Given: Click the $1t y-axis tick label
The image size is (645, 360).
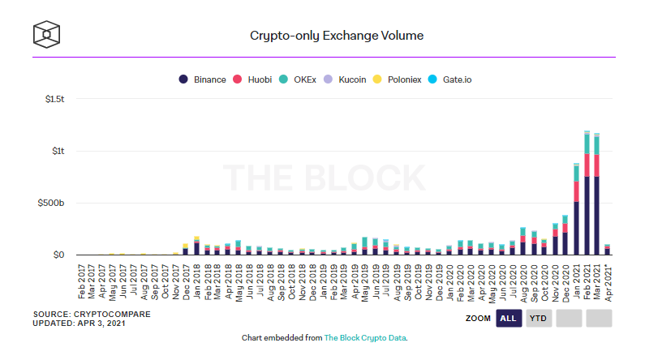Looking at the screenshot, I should (x=57, y=151).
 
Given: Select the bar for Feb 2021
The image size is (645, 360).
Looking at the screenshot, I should (x=587, y=195).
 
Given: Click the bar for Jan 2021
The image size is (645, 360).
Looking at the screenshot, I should (x=576, y=211).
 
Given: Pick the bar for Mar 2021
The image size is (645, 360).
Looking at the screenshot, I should (x=596, y=195).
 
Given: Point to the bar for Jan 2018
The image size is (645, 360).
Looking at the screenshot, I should (x=196, y=247).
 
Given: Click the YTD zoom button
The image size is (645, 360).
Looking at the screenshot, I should (x=538, y=319).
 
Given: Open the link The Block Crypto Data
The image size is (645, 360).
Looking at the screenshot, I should (x=365, y=337).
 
